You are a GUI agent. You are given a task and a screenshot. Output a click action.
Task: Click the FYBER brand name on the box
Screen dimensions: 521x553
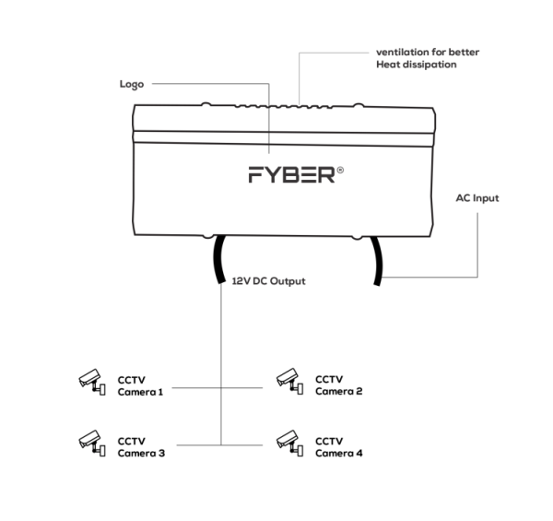[291, 175]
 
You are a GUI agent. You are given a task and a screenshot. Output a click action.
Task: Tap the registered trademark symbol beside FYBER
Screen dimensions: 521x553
[342, 170]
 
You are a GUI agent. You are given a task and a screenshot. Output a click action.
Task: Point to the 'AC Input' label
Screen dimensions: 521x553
[477, 197]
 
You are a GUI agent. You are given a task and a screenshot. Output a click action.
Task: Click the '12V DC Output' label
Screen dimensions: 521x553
[266, 279]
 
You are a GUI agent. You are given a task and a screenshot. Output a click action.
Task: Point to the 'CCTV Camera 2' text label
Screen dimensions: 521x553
[339, 385]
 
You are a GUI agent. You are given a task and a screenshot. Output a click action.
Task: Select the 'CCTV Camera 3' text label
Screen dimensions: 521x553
[141, 447]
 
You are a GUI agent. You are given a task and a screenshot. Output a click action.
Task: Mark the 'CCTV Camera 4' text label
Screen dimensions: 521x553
[339, 447]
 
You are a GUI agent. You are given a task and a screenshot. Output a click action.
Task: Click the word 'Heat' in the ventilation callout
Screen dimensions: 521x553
[388, 65]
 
